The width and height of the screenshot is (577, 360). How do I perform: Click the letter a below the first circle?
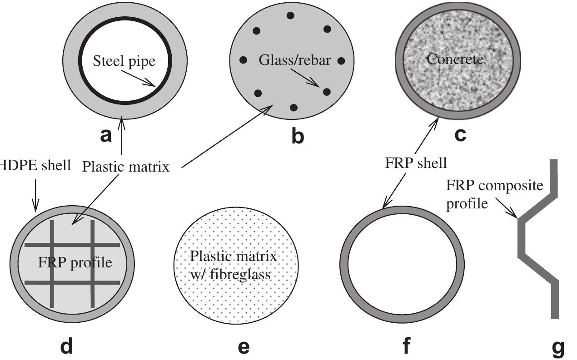[x=105, y=135]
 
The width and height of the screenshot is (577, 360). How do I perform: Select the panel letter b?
[x=297, y=136]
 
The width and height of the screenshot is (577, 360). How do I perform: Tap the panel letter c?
[x=460, y=135]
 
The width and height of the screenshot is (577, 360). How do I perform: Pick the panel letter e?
[x=244, y=347]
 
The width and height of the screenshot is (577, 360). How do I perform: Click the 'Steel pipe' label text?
[x=124, y=61]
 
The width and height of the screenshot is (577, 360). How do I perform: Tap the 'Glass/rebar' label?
[x=295, y=60]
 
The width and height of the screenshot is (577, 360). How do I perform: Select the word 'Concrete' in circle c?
[x=455, y=59]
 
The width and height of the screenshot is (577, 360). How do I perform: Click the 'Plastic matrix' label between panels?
[x=125, y=167]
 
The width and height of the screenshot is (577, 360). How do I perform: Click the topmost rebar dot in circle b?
[x=290, y=16]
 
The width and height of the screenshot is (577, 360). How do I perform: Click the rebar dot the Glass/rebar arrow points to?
[x=326, y=92]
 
